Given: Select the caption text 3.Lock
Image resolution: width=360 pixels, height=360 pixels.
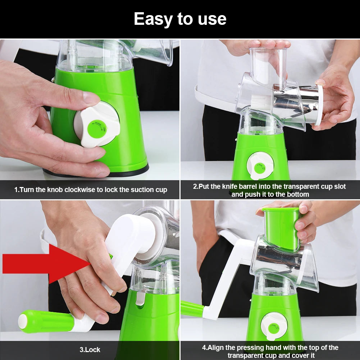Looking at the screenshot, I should (x=90, y=350).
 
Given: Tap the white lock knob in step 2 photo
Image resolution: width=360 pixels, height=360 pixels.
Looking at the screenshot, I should (x=260, y=166).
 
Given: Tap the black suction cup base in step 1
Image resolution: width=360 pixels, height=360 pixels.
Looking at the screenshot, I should (x=97, y=173).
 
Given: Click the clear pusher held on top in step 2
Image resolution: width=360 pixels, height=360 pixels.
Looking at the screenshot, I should (x=268, y=65).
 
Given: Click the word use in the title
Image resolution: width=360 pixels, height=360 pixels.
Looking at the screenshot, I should (x=212, y=19).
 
